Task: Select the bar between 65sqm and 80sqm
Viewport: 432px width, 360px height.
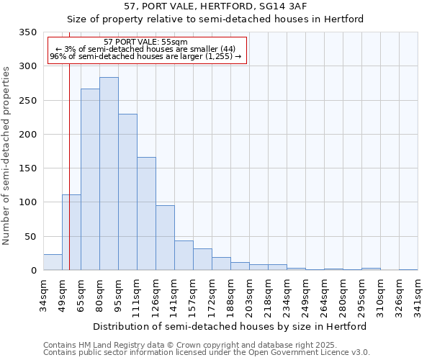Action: pos(90,179)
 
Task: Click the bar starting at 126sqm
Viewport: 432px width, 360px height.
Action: pos(165,238)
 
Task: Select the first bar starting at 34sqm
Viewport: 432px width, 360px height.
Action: pos(53,262)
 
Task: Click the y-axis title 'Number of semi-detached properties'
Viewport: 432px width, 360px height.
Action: pos(6,156)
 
